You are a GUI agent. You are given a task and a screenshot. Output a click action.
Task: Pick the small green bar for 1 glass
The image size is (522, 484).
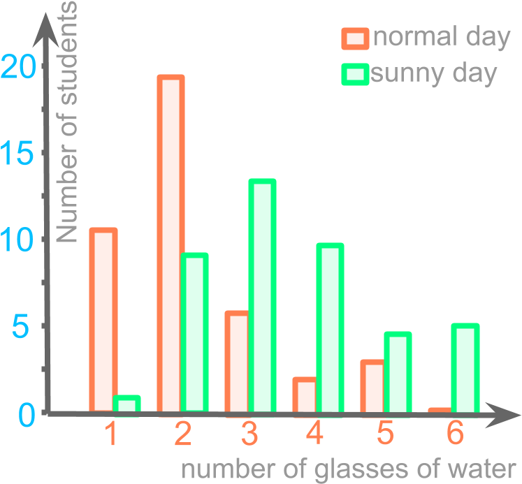click(126, 404)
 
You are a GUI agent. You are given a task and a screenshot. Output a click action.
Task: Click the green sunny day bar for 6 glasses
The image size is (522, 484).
click(465, 367)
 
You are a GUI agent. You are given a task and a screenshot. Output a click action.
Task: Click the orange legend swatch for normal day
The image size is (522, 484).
click(355, 38)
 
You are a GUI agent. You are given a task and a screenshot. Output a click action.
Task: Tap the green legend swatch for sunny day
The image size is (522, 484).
click(355, 74)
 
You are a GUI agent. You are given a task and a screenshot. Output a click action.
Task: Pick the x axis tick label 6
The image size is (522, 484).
click(455, 435)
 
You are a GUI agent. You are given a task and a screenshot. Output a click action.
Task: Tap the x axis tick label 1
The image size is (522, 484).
click(110, 435)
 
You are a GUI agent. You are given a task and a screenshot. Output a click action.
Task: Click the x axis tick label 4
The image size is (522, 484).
click(315, 435)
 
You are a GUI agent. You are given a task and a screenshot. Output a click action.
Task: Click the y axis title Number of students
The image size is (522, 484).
click(68, 122)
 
